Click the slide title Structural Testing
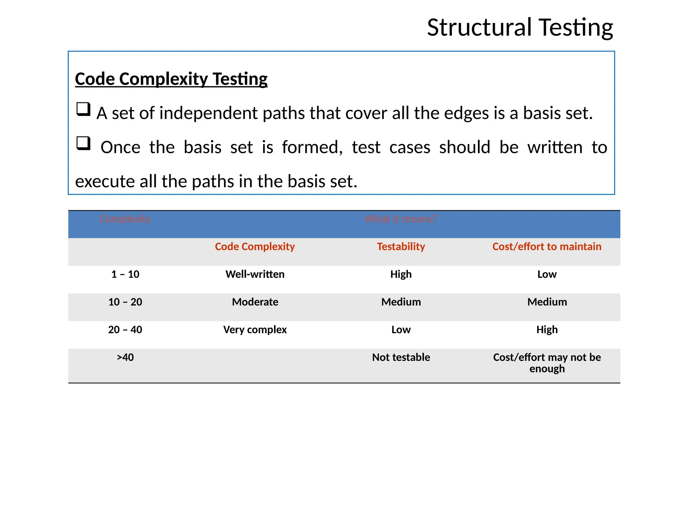coord(520,27)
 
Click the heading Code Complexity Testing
coord(171,79)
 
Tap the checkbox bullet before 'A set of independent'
coord(83,109)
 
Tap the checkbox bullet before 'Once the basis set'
coord(83,143)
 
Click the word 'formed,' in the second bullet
coord(312,147)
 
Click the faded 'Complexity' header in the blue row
coord(125,219)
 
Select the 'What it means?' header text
coord(401,219)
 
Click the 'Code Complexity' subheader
coord(255,247)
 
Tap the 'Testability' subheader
coord(401,247)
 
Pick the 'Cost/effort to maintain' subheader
coord(547,247)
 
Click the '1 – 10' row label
coord(125,274)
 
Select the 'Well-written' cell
coord(255,274)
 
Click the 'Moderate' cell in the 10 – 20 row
coord(255,302)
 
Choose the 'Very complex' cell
coord(255,330)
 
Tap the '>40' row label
coord(125,357)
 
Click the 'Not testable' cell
coord(401,357)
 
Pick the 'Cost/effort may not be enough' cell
coord(547,363)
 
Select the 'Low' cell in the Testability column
coord(401,330)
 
